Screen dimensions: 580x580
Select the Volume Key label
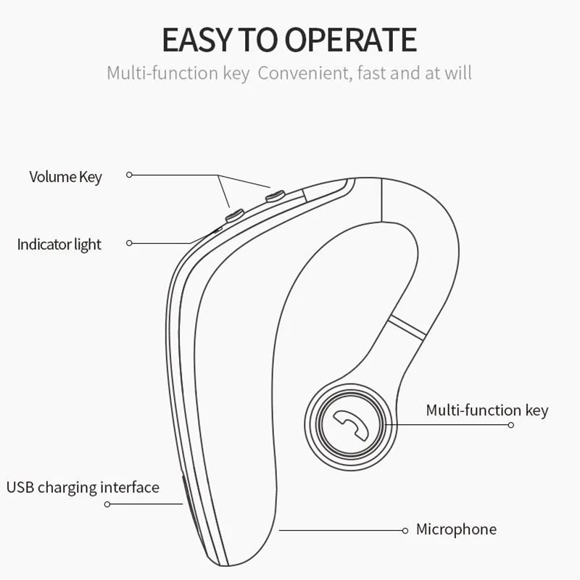65,176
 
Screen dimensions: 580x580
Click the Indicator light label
59,244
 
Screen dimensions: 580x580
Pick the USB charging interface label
83,486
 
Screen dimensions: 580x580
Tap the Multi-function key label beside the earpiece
486,410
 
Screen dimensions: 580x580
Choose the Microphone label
456,529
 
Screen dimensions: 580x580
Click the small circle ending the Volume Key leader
129,175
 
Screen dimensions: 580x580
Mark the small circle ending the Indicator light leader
129,243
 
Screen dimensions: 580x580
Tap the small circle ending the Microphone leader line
405,531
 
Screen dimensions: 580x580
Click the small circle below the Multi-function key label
510,425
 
